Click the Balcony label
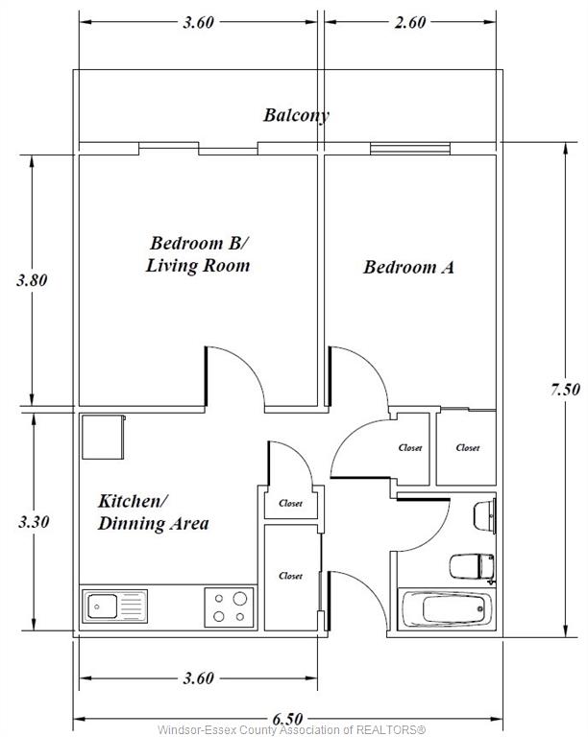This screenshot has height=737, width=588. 296,115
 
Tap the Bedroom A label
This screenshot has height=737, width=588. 408,267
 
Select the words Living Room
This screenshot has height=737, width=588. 198,266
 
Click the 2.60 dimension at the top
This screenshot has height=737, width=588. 409,22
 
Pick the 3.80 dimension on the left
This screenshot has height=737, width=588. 32,280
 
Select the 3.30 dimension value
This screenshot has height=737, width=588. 34,522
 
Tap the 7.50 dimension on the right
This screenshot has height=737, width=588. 565,390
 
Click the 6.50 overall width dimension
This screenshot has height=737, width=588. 287,719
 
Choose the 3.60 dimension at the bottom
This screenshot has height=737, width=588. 199,678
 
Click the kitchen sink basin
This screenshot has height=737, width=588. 103,606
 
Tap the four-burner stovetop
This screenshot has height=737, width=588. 229,607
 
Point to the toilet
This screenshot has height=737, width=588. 472,568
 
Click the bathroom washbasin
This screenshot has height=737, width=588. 484,516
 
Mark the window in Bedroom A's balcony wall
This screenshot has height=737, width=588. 409,149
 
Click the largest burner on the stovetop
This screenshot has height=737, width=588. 240,599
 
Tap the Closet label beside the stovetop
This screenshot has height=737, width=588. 290,576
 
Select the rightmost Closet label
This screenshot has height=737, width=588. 468,448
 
